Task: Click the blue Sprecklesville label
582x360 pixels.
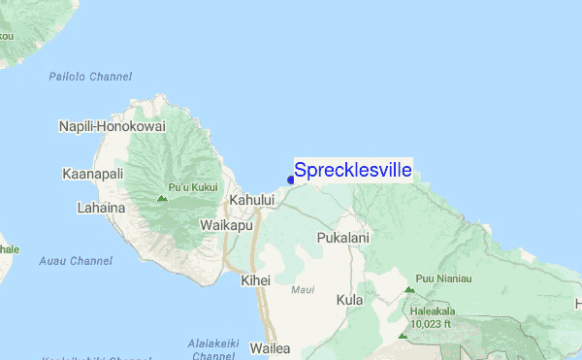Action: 352,171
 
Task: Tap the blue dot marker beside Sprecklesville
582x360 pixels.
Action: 291,180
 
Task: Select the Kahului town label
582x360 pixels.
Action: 252,200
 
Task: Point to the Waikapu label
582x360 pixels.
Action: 226,223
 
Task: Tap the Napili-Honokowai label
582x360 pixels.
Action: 113,127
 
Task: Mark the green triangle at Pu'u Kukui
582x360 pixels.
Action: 162,200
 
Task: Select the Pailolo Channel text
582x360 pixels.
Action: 88,77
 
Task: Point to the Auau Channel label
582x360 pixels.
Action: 76,261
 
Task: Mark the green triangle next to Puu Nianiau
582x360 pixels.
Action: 409,290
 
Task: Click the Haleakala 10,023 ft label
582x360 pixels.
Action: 432,318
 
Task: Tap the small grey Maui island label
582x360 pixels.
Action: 304,289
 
